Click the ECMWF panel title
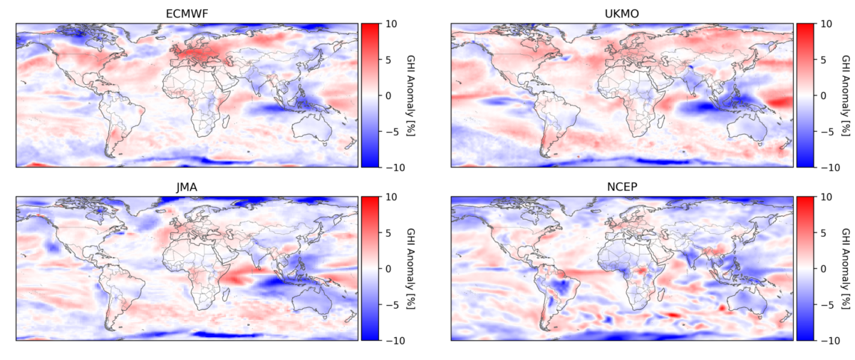coord(187,13)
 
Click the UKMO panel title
coord(622,13)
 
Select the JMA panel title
coord(187,186)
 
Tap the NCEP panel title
coord(622,186)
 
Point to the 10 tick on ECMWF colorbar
coord(391,24)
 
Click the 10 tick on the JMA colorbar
coord(391,197)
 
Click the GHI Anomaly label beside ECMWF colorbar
coord(411,95)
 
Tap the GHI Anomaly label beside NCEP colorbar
coord(846,268)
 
